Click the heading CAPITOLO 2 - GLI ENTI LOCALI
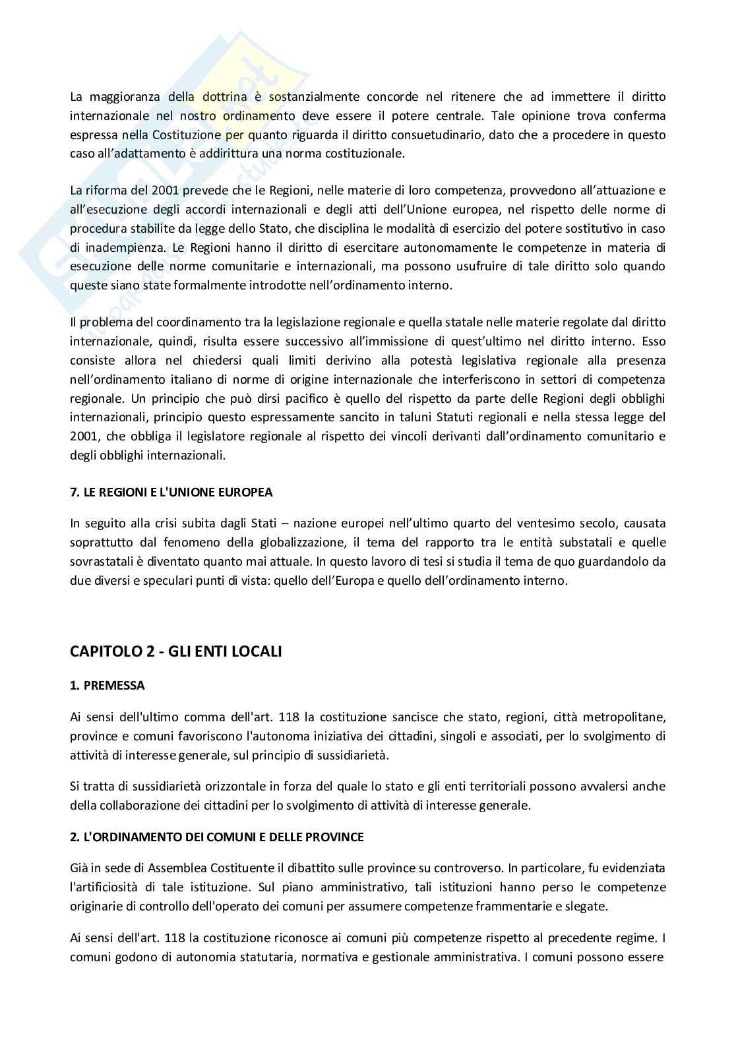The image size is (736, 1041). click(x=175, y=651)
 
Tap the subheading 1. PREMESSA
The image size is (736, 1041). click(x=107, y=685)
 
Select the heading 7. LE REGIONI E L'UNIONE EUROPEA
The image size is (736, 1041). click(x=171, y=492)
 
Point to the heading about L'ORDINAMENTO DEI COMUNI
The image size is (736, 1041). click(x=217, y=837)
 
